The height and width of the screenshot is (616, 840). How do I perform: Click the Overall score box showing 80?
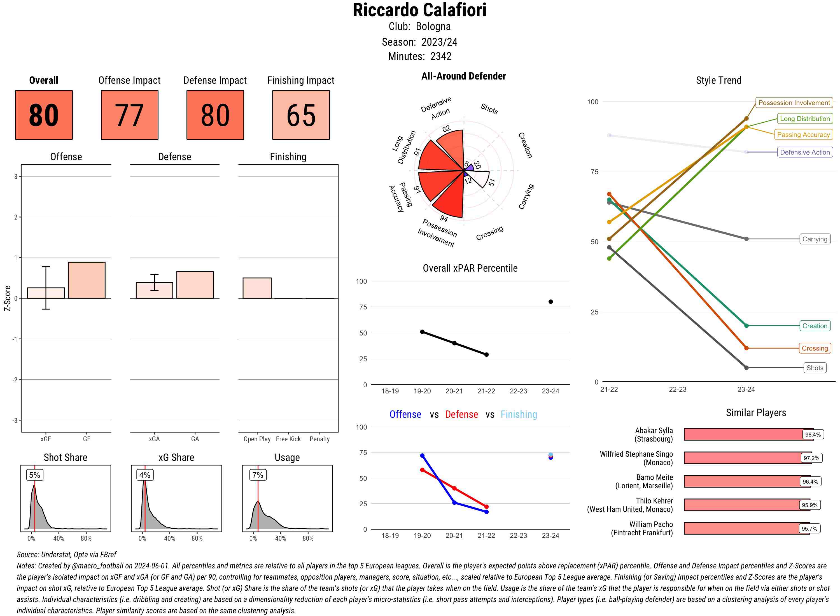(44, 115)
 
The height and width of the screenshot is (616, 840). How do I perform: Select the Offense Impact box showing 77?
(129, 115)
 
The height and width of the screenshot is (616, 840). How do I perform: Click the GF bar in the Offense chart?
(87, 280)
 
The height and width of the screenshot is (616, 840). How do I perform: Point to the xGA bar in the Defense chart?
(154, 290)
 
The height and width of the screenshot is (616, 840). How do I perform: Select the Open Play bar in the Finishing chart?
(257, 288)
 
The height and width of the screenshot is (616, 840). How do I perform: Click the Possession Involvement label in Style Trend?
(794, 102)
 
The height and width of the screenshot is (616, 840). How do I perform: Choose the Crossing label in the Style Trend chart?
(814, 348)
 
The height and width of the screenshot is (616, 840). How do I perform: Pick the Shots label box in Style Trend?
(814, 368)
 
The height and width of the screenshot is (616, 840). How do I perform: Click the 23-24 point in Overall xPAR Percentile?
(550, 302)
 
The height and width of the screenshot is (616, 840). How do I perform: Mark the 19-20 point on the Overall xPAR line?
(422, 332)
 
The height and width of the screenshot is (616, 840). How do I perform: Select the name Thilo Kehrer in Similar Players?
(654, 501)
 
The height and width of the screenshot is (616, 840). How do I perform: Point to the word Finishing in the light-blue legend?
(519, 414)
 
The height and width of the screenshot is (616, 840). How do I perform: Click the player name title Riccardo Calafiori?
(419, 10)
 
